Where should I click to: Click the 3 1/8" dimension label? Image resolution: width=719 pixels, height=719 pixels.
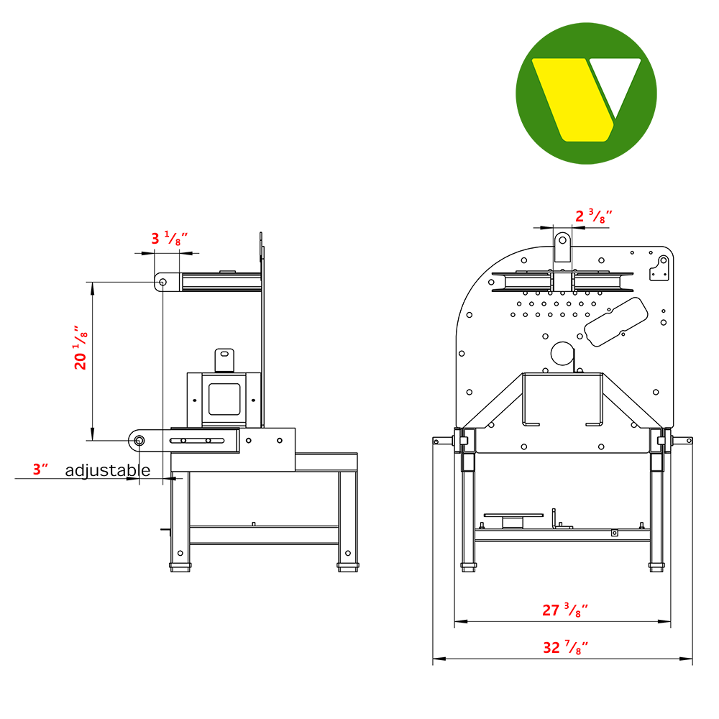[169, 239]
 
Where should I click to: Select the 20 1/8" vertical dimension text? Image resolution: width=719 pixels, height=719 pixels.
[81, 348]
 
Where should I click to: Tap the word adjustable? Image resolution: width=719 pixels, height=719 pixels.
[108, 471]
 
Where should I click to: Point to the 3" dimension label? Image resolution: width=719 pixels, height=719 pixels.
[41, 470]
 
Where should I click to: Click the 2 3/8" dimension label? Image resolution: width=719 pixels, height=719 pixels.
[594, 215]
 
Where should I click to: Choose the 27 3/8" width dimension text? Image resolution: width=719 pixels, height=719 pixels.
[565, 610]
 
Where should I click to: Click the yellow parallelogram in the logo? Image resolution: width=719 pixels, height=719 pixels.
[572, 99]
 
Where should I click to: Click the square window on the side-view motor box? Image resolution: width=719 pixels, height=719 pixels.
[224, 398]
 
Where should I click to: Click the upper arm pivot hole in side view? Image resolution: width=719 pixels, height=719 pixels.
[163, 282]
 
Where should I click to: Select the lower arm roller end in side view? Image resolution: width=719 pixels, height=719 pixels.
[138, 439]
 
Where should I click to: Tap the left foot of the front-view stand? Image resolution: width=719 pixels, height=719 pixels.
[467, 566]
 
